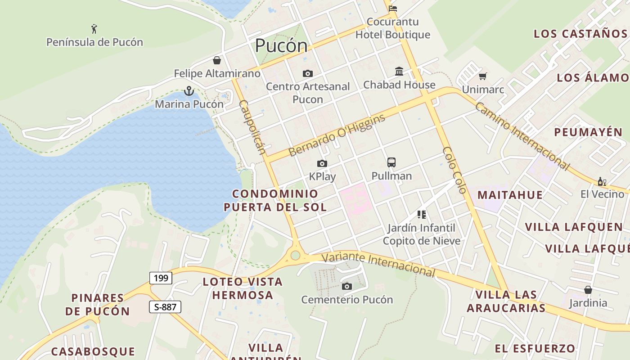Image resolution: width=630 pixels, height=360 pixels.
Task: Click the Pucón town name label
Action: (281, 46)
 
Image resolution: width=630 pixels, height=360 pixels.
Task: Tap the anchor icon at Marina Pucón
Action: (189, 91)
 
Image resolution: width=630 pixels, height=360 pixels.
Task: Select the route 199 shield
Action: (161, 278)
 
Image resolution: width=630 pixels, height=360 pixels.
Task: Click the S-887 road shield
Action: (165, 307)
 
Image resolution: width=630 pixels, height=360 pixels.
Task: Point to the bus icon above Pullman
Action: (391, 162)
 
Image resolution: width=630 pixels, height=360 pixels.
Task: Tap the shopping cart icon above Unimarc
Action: (483, 76)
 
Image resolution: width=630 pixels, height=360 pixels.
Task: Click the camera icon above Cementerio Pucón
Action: (346, 286)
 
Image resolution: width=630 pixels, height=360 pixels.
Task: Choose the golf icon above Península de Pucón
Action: (94, 29)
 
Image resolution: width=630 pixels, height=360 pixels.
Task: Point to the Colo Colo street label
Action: (454, 170)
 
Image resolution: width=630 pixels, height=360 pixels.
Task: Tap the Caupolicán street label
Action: (252, 127)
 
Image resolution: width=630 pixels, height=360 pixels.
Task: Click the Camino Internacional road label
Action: (522, 136)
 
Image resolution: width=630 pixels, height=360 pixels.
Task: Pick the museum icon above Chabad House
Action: (399, 72)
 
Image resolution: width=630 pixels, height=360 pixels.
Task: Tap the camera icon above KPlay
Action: (322, 163)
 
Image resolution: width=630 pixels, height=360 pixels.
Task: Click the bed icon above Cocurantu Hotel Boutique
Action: (393, 8)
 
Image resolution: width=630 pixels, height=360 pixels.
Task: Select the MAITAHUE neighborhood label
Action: (510, 195)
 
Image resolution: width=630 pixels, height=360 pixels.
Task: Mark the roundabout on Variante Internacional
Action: (295, 255)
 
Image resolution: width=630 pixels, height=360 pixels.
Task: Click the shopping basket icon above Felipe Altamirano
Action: (217, 60)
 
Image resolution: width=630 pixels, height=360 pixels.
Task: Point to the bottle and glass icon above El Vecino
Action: (602, 182)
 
